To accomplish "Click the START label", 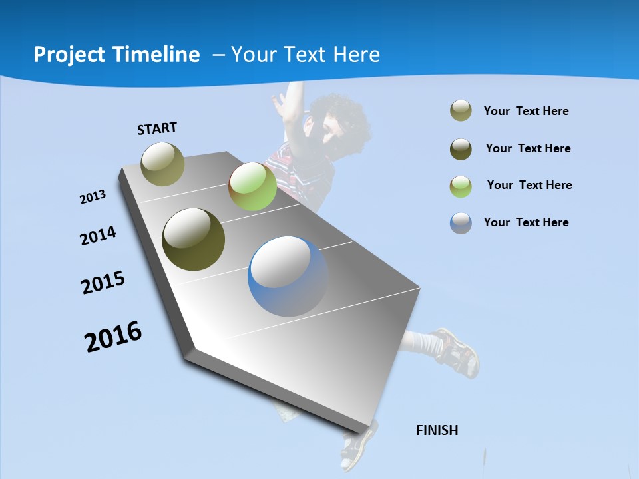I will click(157, 128).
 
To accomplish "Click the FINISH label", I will click(437, 430).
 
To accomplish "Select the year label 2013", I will click(93, 197).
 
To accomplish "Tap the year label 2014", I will click(98, 236).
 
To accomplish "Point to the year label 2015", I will click(103, 283).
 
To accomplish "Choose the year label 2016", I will click(113, 337).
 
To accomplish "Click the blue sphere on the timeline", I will click(288, 276).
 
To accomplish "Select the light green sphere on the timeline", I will click(252, 186).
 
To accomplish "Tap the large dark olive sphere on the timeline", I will click(193, 239).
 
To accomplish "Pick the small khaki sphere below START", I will click(162, 164).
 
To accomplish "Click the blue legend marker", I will click(461, 223).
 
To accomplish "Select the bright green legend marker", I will click(461, 186).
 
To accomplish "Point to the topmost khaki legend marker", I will click(461, 111).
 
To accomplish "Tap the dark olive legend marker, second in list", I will click(461, 149).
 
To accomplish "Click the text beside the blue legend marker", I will click(526, 222).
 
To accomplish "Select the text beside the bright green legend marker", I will click(529, 185).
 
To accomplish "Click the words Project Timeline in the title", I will click(116, 55).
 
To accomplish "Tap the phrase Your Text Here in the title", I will click(305, 55).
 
